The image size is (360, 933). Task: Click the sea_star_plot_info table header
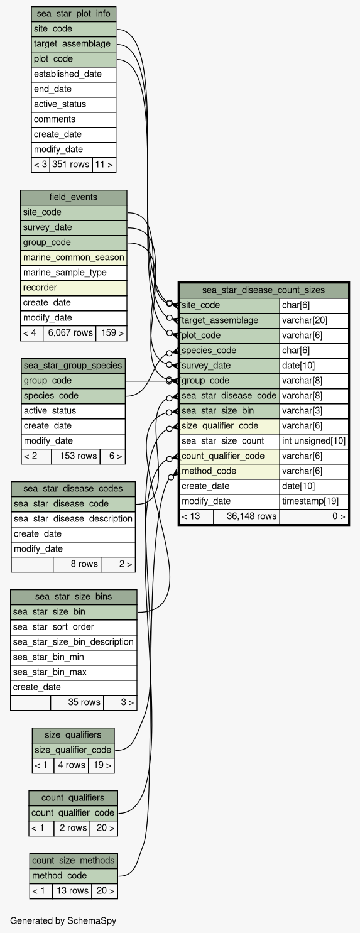[x=74, y=14]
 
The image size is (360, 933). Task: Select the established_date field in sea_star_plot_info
[x=74, y=74]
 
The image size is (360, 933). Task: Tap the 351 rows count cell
[x=71, y=165]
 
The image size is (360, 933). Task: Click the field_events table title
[x=74, y=197]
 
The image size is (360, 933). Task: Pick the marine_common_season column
[x=74, y=258]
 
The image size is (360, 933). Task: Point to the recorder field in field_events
[x=74, y=287]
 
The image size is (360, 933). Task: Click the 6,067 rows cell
[x=70, y=333]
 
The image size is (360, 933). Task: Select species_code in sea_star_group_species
[x=74, y=396]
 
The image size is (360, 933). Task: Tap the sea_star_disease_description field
[x=74, y=519]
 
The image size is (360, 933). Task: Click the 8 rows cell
[x=77, y=564]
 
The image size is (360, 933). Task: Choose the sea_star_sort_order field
[x=74, y=627]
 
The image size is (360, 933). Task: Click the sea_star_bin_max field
[x=74, y=672]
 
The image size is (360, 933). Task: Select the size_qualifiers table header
[x=74, y=734]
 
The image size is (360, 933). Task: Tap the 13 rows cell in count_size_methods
[x=72, y=890]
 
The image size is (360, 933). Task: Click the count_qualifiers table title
[x=74, y=798]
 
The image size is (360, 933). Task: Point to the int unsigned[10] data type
[x=314, y=440]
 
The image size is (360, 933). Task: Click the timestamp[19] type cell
[x=314, y=501]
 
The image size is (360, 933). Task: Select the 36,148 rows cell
[x=247, y=516]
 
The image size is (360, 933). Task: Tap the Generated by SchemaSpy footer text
[x=63, y=920]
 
